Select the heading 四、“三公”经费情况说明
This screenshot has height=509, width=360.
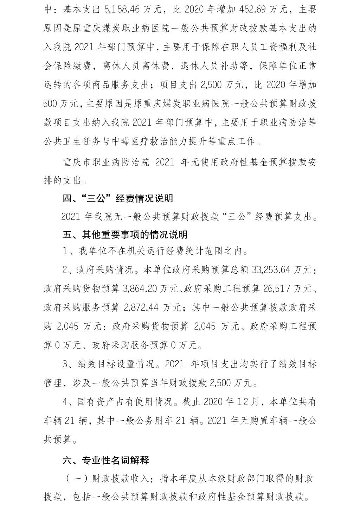point(118,198)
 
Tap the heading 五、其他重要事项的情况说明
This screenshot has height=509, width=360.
point(125,234)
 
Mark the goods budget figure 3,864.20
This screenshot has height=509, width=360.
point(140,289)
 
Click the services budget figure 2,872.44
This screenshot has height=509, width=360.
point(140,307)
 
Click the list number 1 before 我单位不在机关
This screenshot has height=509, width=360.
point(66,252)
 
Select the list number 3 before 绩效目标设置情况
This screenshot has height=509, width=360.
point(66,364)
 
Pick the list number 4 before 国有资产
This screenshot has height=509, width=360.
point(66,401)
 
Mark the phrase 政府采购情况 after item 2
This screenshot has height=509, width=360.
point(105,270)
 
